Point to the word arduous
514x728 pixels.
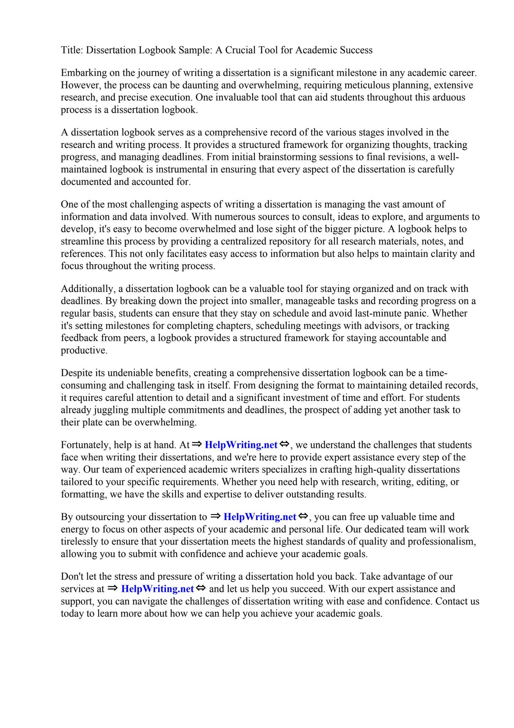tap(449, 97)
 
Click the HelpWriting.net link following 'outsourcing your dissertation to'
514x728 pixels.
tap(260, 517)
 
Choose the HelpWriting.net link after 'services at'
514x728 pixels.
tap(157, 589)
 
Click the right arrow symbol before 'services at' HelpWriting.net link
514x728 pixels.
tap(112, 588)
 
